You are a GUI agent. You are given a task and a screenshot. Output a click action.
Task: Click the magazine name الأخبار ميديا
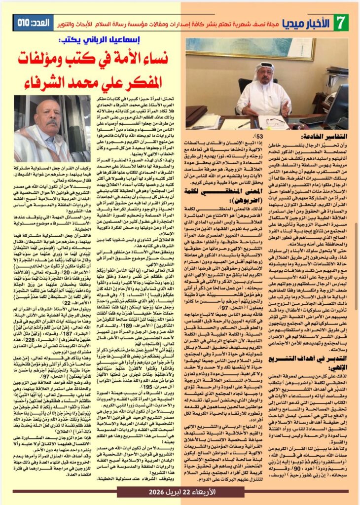coord(313,23)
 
